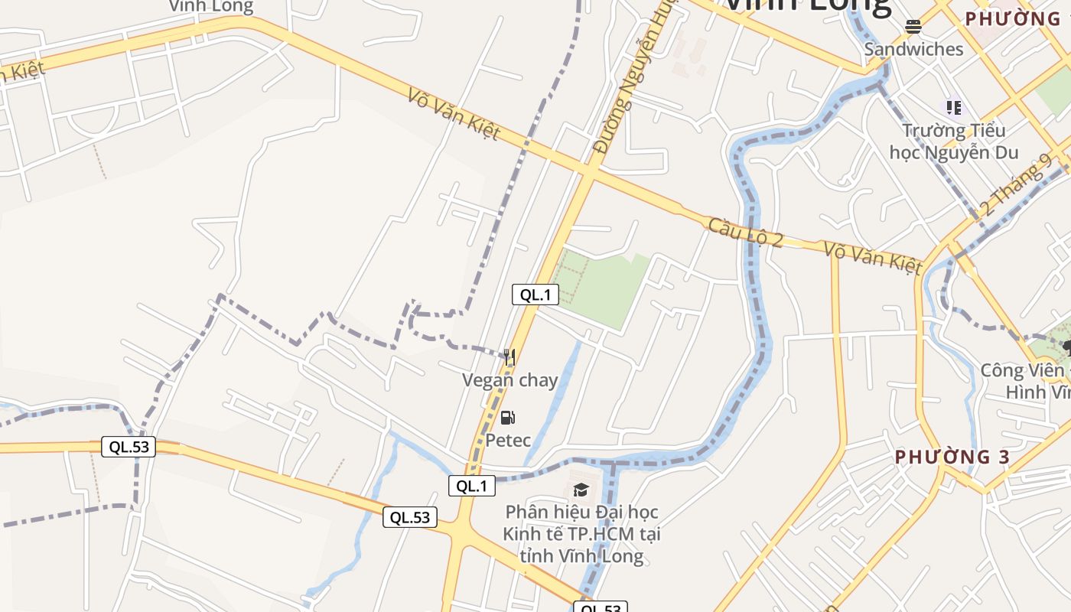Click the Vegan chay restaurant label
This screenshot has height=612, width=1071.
509,380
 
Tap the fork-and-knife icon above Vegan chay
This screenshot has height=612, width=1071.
509,356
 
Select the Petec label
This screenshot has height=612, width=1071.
508,440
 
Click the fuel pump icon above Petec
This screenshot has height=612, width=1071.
507,418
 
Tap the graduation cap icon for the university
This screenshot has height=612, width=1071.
581,490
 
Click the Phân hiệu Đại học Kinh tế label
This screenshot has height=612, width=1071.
581,533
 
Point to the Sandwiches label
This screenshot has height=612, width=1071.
913,49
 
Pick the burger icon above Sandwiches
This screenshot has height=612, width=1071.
913,27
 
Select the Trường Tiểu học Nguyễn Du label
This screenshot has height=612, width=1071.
954,141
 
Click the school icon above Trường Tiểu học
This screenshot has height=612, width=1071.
953,107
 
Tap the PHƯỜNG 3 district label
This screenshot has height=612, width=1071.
952,457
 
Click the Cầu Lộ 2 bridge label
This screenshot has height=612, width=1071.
745,233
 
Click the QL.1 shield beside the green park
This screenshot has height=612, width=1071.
535,295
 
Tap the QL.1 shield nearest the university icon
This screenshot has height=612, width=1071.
472,486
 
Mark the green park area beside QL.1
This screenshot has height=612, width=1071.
601,287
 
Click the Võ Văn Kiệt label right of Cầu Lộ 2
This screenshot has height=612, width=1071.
873,257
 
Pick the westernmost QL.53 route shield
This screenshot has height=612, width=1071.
129,447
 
